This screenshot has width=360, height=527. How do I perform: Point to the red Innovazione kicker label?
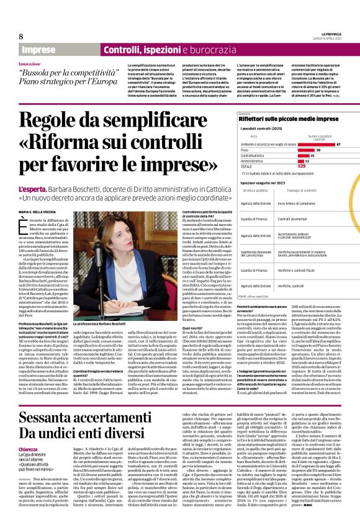[34, 64]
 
